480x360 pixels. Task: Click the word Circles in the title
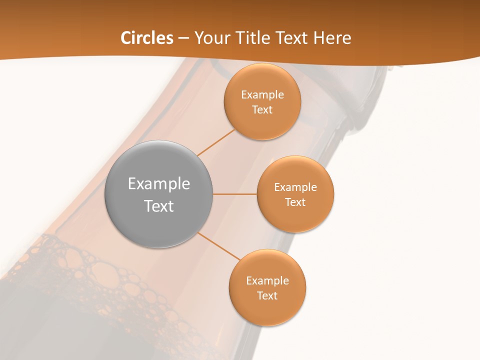pyautogui.click(x=146, y=38)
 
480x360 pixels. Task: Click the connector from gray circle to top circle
pyautogui.click(x=216, y=142)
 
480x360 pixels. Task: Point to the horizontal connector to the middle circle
pyautogui.click(x=235, y=194)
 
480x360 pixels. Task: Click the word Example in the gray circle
pyautogui.click(x=158, y=184)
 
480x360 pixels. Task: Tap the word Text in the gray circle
pyautogui.click(x=158, y=206)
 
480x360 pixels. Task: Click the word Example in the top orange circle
pyautogui.click(x=262, y=95)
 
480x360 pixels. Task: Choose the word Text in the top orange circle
pyautogui.click(x=262, y=110)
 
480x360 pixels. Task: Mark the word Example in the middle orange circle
pyautogui.click(x=295, y=187)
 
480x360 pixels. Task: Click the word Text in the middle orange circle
pyautogui.click(x=295, y=202)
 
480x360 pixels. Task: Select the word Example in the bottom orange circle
pyautogui.click(x=267, y=281)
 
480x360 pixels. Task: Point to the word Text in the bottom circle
pyautogui.click(x=267, y=296)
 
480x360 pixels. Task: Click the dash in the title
pyautogui.click(x=183, y=38)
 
